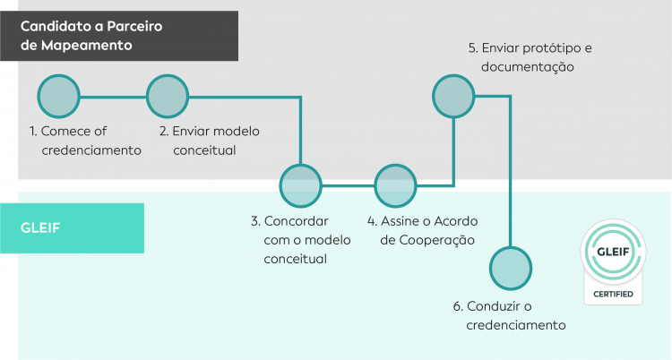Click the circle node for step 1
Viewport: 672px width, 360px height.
pos(59,96)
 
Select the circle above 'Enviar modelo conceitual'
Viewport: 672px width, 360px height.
pos(168,96)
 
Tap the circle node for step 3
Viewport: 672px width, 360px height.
pos(301,185)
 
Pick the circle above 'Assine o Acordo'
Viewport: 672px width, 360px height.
pos(396,185)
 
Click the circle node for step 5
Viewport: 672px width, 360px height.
pos(454,96)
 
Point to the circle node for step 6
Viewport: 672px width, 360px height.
pos(511,268)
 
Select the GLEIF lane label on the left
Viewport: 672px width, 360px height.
pos(39,227)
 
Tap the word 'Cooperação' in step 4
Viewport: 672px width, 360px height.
pos(434,240)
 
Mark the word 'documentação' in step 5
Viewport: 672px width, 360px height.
pos(527,66)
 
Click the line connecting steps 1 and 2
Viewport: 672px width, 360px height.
pos(113,96)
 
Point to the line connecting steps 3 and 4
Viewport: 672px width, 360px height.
pos(349,185)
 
